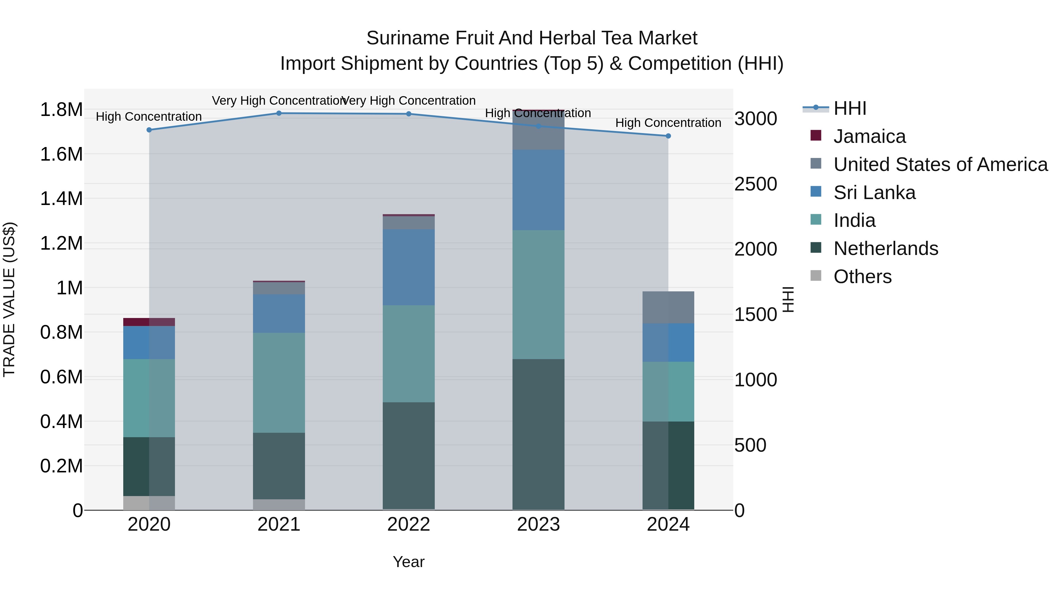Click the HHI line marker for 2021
pos(279,113)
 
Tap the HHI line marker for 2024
pos(668,136)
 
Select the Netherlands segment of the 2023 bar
pos(538,434)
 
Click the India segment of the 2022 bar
pos(408,354)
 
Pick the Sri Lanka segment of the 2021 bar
pos(279,313)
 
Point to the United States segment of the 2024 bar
pos(668,307)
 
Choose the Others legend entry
pos(862,277)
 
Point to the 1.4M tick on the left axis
pos(61,199)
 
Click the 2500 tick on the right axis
pos(755,184)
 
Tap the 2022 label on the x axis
pos(408,524)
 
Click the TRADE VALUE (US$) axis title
pos(9,299)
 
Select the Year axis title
pos(408,562)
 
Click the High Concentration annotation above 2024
pos(668,123)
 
